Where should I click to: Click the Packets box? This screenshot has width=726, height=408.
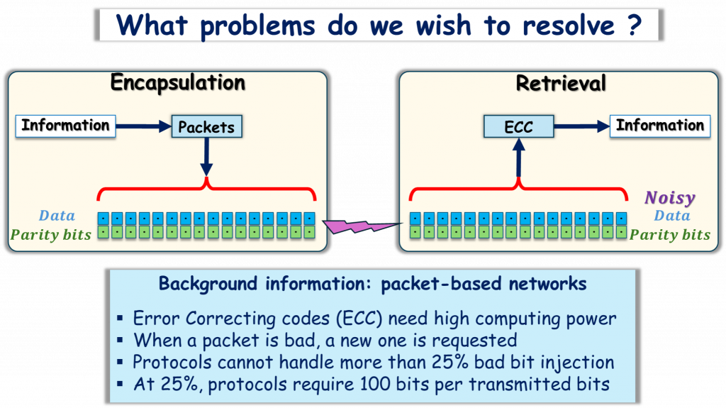click(x=206, y=127)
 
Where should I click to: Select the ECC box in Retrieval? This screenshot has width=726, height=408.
click(x=518, y=127)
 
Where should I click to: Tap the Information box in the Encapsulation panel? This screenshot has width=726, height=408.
click(x=65, y=126)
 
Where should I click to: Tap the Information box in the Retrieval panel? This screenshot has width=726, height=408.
click(x=659, y=126)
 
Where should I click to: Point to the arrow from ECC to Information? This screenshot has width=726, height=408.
click(x=581, y=126)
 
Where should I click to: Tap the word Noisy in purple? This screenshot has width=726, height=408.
click(x=669, y=198)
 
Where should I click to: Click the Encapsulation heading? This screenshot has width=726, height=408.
click(x=177, y=83)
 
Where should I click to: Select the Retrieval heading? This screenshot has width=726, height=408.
click(x=561, y=83)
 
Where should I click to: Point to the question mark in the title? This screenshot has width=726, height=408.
click(x=635, y=25)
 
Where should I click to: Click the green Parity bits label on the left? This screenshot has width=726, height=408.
click(x=50, y=234)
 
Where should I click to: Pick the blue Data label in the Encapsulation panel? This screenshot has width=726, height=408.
click(x=57, y=216)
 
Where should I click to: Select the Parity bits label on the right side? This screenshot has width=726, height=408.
click(x=669, y=234)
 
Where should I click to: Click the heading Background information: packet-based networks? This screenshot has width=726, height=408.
click(x=372, y=284)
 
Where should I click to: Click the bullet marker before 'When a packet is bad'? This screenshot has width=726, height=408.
click(x=123, y=341)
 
